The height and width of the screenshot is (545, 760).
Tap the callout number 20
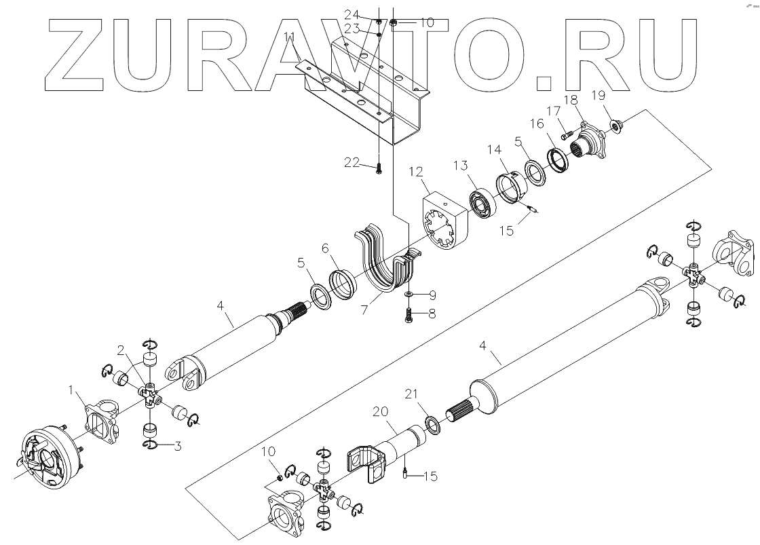coord(379,412)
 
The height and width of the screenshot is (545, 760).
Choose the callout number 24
coord(367,14)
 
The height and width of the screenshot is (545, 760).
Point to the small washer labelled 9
coord(409,295)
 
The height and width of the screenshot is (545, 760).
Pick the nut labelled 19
coord(615,125)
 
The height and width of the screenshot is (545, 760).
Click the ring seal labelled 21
coord(430,426)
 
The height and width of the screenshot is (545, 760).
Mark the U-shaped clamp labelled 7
coord(383,265)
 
